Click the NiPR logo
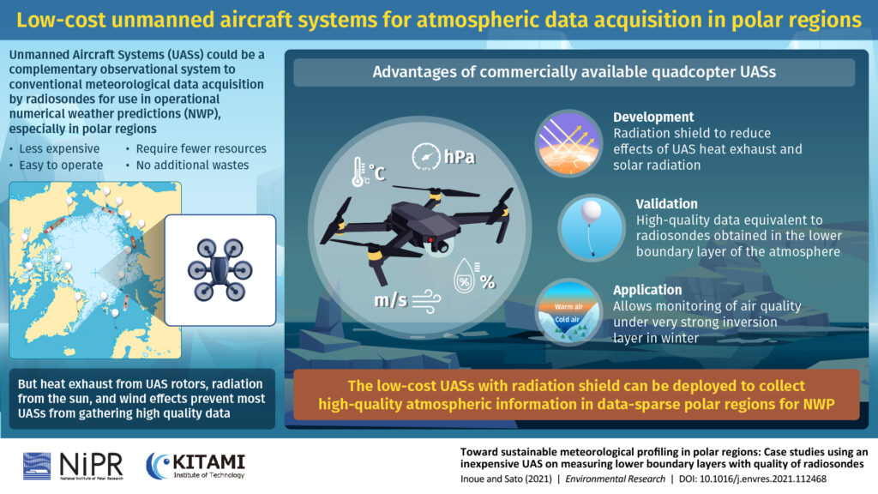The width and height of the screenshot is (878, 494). tap(73, 466)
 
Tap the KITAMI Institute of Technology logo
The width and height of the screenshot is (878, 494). tap(195, 466)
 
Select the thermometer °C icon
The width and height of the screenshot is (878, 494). tap(368, 172)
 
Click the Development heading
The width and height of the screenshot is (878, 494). tap(652, 117)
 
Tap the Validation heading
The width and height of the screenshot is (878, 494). tap(666, 204)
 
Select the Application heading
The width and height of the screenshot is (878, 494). tap(647, 290)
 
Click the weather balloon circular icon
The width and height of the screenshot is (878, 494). tap(592, 227)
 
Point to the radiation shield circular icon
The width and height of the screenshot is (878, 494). tap(568, 143)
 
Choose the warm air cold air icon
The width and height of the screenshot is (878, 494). tap(568, 312)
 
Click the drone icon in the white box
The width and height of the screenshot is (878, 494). tap(219, 269)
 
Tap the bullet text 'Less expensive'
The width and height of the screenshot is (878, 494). tap(59, 149)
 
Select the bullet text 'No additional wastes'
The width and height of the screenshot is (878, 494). tap(192, 166)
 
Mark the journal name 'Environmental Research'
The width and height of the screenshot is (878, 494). tap(615, 479)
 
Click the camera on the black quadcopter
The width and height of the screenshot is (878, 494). tap(442, 244)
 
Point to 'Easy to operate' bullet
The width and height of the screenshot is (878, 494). tap(61, 166)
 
